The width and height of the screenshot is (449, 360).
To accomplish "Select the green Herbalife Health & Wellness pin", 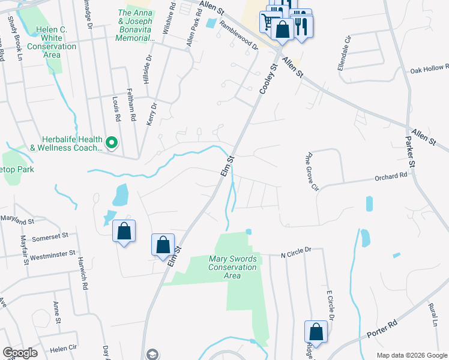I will click(x=111, y=143).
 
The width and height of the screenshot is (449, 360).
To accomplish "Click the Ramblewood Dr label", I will click(x=238, y=36).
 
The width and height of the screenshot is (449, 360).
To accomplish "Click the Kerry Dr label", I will click(x=151, y=113).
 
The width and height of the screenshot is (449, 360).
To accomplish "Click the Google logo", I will click(x=20, y=353).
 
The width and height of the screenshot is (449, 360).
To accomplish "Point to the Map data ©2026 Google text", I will click(x=412, y=355).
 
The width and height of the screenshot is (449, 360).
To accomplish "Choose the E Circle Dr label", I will click(x=330, y=306).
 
